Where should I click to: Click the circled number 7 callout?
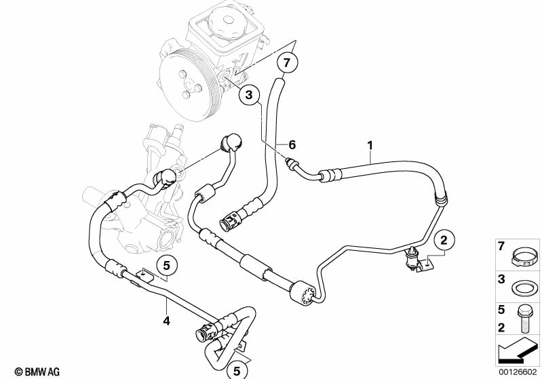[x=286, y=63]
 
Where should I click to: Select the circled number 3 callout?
[x=249, y=96]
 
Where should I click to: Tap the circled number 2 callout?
[x=444, y=239]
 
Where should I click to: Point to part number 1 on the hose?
[x=370, y=144]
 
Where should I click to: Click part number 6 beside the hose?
[x=292, y=144]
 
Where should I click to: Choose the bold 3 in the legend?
[x=502, y=279]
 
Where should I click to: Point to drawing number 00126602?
[x=519, y=371]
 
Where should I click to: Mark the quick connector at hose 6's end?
[x=231, y=220]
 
